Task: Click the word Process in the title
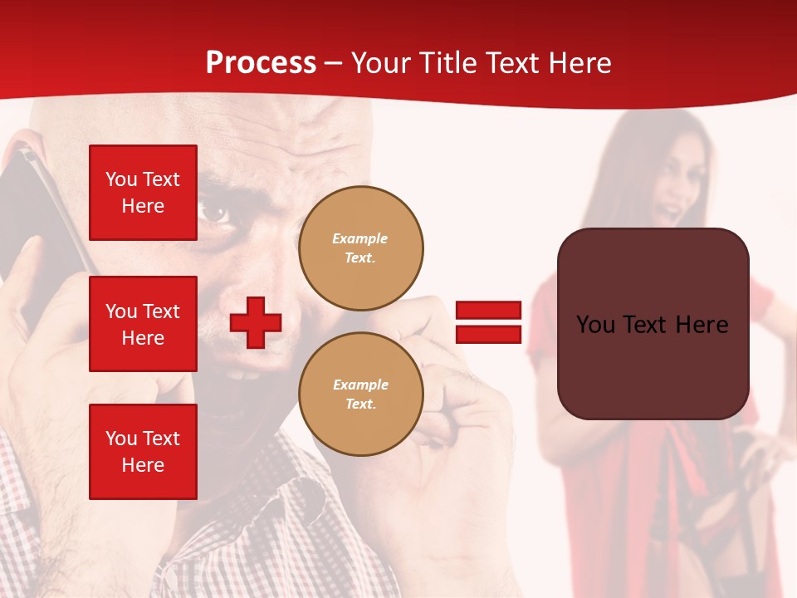tap(261, 63)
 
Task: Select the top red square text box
tap(143, 193)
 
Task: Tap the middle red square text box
tap(143, 324)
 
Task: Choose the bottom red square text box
tap(143, 451)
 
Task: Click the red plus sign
tap(256, 322)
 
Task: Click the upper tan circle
tap(360, 248)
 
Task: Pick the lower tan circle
tap(360, 394)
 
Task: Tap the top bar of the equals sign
tap(488, 311)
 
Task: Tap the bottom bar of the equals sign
tap(488, 334)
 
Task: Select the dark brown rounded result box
tap(653, 365)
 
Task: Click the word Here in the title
tap(579, 63)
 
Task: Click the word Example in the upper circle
tap(360, 238)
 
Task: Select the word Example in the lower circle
tap(360, 385)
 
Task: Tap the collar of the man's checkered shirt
tap(291, 490)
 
